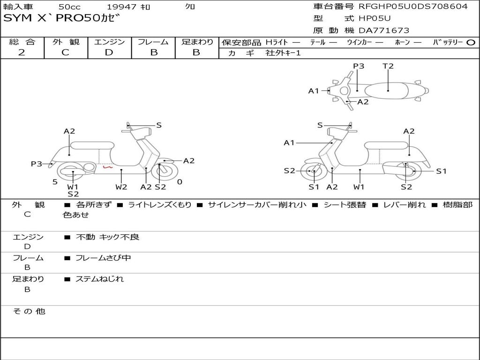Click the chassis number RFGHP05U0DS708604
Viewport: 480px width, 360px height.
413,7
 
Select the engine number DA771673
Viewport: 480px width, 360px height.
384,30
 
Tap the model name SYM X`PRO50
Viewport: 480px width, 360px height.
52,18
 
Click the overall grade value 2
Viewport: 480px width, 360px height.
22,52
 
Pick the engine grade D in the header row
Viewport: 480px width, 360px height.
109,52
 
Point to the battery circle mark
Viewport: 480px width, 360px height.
471,43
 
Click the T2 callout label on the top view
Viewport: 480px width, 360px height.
388,66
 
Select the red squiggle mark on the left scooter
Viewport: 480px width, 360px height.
107,167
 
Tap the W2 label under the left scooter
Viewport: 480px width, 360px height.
121,187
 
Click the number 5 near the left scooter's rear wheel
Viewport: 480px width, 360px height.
55,182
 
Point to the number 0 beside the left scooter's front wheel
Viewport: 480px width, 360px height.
180,182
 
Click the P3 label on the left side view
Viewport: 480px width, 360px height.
37,164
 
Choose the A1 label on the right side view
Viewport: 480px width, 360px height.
289,142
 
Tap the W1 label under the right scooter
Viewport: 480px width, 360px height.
359,187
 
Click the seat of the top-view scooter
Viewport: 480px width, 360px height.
386,90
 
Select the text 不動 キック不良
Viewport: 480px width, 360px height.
107,237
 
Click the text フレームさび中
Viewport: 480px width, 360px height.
103,258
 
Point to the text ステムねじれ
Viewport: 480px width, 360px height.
99,279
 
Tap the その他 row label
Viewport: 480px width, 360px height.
29,311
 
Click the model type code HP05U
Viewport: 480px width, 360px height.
375,18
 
